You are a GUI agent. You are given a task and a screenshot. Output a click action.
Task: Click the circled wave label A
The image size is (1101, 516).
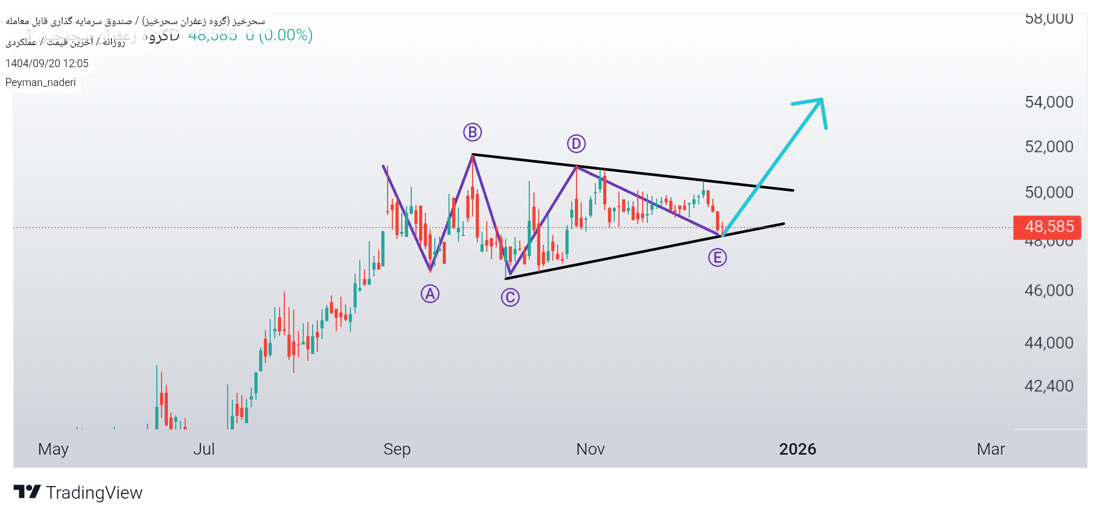(x=430, y=294)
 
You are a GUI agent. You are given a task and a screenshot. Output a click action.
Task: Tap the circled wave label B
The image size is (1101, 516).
(x=472, y=132)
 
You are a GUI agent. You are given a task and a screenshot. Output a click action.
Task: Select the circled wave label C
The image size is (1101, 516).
(x=510, y=297)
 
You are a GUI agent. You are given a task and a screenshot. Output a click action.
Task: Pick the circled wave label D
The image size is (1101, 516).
(x=576, y=143)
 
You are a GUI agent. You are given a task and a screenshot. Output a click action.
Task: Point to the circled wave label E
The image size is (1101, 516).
(x=717, y=257)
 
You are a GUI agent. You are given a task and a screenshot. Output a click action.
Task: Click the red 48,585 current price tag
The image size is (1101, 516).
(x=1047, y=227)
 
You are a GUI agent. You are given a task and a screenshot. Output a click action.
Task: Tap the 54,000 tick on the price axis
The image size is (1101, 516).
(x=1049, y=102)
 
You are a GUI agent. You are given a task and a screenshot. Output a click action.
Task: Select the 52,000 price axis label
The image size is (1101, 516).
(x=1049, y=147)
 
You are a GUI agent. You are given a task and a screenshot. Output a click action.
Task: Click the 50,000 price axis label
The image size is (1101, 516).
(x=1049, y=192)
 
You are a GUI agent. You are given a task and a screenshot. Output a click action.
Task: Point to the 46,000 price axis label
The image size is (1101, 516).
(x=1049, y=291)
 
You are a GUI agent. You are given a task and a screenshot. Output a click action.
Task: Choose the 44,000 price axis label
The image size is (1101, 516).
(x=1049, y=343)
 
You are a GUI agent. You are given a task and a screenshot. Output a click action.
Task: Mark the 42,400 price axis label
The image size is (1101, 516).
(x=1049, y=386)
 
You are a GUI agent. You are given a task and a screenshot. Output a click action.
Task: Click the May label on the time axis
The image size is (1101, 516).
(x=53, y=449)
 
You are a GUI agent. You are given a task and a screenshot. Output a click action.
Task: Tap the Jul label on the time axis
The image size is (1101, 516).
(x=204, y=449)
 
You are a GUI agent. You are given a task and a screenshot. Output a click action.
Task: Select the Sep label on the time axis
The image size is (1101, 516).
(x=397, y=449)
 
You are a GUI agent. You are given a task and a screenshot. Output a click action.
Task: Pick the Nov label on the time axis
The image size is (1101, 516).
(x=590, y=449)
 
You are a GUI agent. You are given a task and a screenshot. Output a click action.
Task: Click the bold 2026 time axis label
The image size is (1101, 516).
(x=797, y=449)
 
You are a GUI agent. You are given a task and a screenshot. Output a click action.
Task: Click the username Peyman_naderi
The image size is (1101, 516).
(x=40, y=82)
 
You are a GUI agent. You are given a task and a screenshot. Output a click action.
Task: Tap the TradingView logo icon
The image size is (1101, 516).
(x=27, y=492)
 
